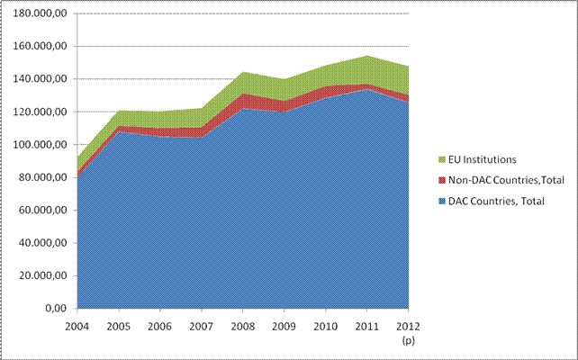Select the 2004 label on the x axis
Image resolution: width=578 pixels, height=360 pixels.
(77, 325)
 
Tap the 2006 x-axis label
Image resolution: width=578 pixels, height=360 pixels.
(159, 325)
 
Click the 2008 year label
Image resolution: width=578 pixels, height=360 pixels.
(242, 325)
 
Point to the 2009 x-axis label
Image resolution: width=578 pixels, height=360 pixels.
(284, 325)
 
